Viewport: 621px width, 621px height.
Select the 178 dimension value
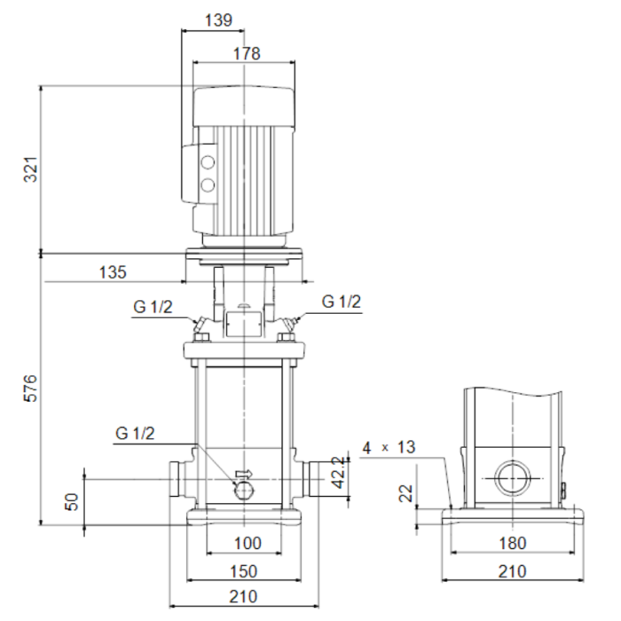pyautogui.click(x=247, y=53)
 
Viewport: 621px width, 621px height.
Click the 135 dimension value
pyautogui.click(x=114, y=271)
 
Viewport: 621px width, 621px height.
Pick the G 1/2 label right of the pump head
pyautogui.click(x=342, y=303)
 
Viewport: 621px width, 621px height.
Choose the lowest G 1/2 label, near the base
pyautogui.click(x=135, y=433)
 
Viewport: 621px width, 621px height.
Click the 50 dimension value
pyautogui.click(x=72, y=501)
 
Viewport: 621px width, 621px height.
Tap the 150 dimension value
pyautogui.click(x=243, y=570)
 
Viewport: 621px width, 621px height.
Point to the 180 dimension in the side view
pyautogui.click(x=510, y=543)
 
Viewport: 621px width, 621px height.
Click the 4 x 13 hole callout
pyautogui.click(x=389, y=447)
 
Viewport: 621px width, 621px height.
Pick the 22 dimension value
pyautogui.click(x=405, y=493)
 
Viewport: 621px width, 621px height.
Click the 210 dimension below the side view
pyautogui.click(x=510, y=570)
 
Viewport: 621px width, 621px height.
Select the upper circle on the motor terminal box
pyautogui.click(x=208, y=164)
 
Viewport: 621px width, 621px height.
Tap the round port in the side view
pyautogui.click(x=512, y=478)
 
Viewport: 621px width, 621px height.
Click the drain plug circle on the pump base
pyautogui.click(x=242, y=489)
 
